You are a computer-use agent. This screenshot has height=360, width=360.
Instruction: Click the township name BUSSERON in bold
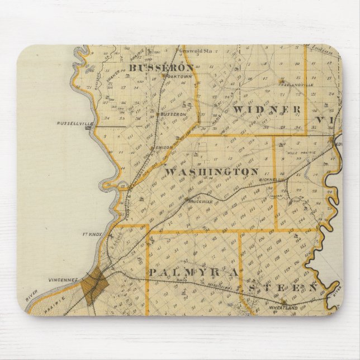click(153, 68)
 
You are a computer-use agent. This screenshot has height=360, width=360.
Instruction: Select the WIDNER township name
click(268, 109)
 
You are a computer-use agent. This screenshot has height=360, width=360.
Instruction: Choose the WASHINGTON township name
click(212, 172)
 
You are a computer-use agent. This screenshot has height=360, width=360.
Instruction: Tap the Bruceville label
click(197, 201)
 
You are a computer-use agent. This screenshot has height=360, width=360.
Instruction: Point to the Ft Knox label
click(92, 235)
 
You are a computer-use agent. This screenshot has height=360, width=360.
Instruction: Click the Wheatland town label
click(283, 307)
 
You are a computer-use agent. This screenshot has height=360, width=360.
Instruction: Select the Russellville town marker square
click(88, 127)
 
